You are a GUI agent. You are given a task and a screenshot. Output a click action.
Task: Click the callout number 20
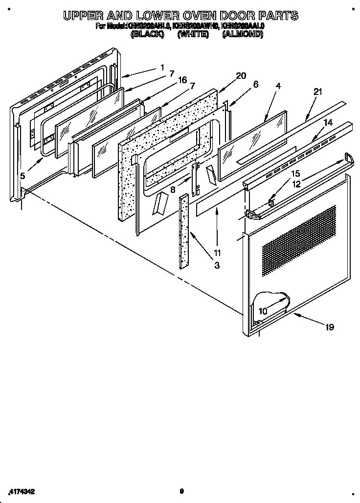coord(241,75)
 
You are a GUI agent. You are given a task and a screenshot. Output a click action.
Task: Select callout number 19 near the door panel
coord(330,327)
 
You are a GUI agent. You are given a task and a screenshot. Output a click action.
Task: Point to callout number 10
coord(263,310)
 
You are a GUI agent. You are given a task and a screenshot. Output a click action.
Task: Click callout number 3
coord(217,266)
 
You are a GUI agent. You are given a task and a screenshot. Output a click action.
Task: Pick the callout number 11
coord(217,252)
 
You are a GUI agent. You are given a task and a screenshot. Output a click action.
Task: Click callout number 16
coord(182,80)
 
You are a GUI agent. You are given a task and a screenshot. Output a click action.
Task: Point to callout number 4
coord(278,86)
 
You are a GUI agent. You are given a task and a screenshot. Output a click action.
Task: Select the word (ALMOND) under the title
coord(243,35)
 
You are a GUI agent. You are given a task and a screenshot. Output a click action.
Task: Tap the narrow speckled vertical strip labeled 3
coord(184,230)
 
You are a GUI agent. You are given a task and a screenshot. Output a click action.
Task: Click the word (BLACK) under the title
coord(147,35)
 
